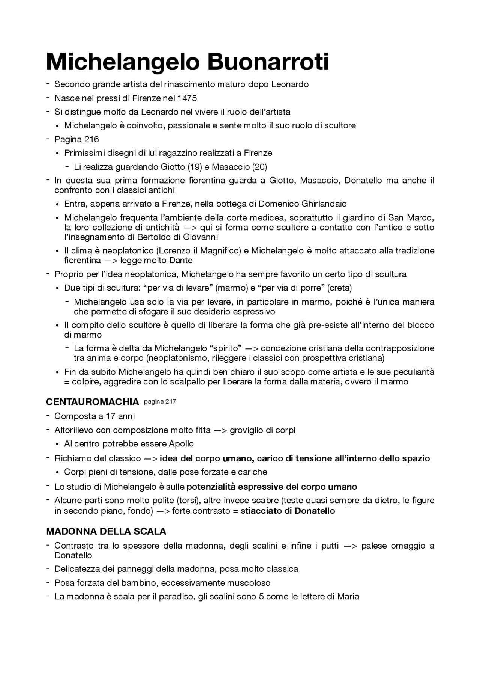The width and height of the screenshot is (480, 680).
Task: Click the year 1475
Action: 187,98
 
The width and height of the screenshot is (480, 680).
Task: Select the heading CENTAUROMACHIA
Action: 92,402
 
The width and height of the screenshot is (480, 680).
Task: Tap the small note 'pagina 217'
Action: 160,402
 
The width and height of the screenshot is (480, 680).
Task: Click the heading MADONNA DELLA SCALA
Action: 106,531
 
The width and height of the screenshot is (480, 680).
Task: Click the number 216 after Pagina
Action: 91,140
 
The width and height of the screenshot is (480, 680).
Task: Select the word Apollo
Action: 181,444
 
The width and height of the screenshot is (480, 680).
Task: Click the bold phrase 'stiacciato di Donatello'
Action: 288,511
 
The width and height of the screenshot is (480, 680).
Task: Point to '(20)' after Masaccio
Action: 259,167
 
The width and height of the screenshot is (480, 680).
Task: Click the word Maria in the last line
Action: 348,597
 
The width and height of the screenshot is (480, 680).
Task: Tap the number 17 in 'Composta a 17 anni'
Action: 111,416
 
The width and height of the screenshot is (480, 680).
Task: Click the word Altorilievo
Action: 74,430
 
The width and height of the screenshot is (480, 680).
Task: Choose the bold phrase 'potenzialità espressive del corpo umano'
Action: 271,487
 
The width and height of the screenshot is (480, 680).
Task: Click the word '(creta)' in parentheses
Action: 340,288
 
